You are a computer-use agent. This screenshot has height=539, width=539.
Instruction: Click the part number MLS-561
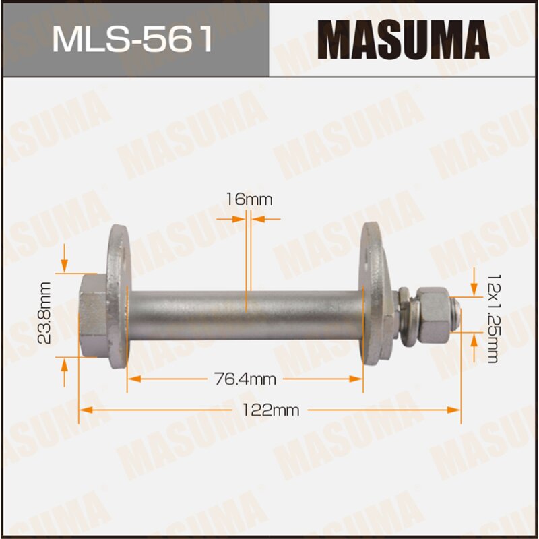click(133, 40)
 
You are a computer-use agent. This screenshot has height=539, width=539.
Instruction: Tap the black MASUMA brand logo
click(403, 40)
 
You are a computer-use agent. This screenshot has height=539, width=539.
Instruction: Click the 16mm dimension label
click(249, 199)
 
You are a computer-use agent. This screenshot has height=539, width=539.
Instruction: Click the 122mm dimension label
click(269, 410)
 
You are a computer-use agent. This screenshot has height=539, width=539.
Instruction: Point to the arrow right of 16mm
click(267, 218)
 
